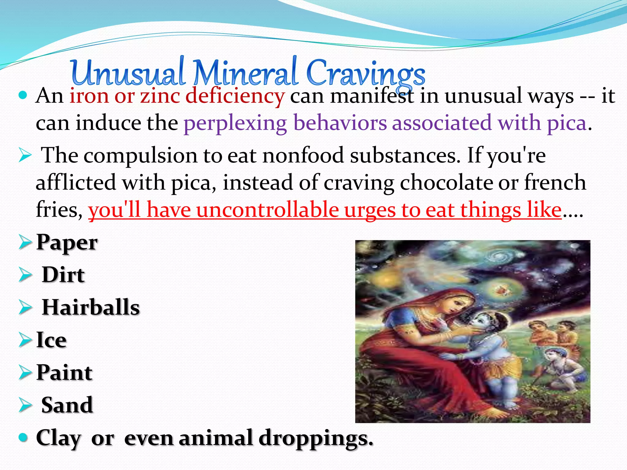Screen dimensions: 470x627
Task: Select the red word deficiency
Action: (235, 96)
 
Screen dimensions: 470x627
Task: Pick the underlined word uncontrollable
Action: (267, 210)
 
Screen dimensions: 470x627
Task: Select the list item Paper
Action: (67, 242)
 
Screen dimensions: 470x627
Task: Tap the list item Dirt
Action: (63, 274)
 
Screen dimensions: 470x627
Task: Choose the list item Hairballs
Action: (91, 307)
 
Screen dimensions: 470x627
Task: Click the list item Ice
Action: (51, 340)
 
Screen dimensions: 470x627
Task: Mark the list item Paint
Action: (64, 372)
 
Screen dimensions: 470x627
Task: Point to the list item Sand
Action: (67, 405)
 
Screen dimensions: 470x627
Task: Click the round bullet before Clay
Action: (23, 437)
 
